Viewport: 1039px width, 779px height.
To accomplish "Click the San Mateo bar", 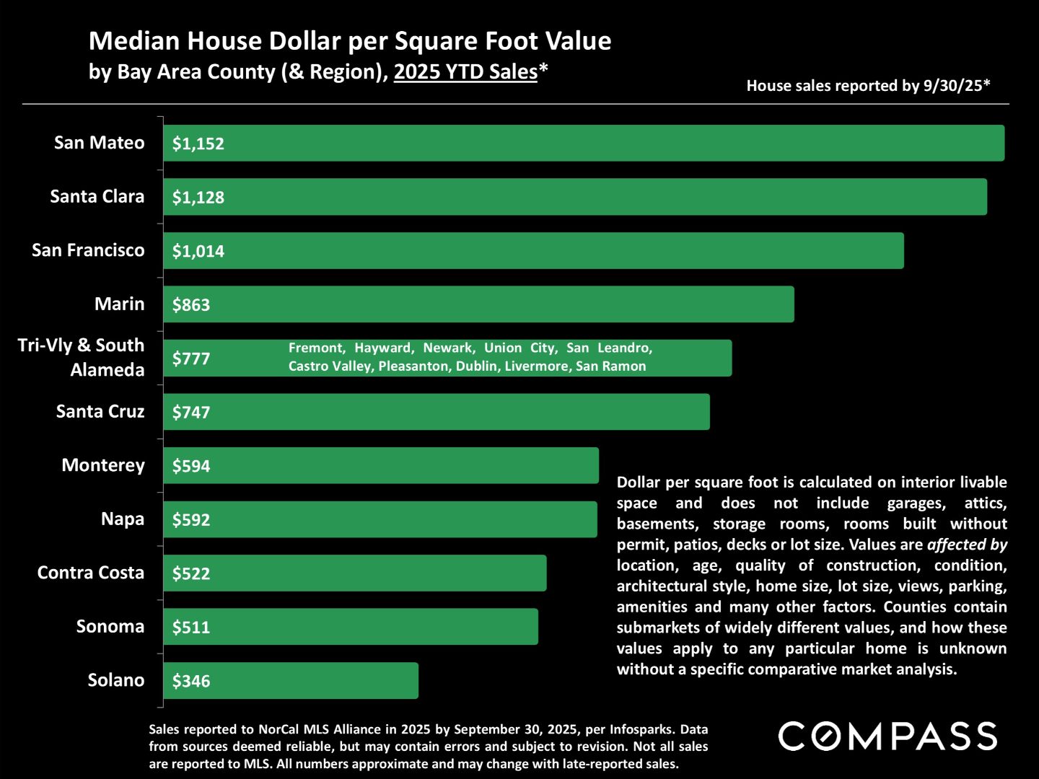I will (583, 143).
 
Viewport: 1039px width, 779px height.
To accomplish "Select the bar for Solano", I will (290, 680).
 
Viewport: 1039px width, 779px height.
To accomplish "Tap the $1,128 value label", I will (198, 197).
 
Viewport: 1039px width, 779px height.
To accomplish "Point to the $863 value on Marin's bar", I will (190, 304).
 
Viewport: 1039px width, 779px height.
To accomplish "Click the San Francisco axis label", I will (88, 250).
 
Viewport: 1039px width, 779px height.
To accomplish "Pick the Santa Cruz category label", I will (100, 412).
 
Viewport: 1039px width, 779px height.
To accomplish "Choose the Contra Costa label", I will (91, 573).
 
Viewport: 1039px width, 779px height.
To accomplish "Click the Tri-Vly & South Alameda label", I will (81, 358).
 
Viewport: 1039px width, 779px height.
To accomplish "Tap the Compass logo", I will (887, 736).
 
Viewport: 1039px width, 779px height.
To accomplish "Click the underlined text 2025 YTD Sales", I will (465, 72).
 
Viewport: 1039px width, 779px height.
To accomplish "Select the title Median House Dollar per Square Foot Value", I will (350, 41).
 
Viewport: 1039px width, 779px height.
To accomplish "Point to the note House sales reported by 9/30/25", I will (868, 86).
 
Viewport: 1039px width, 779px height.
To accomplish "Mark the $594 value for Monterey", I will (190, 466).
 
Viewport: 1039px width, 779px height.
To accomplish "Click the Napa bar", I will (380, 519).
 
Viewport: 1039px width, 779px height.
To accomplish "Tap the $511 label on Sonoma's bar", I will (190, 627).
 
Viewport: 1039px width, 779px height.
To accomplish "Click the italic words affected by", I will (967, 545).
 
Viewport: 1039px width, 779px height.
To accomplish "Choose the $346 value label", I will (190, 681).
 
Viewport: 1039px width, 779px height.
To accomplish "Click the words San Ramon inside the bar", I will (610, 366).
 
